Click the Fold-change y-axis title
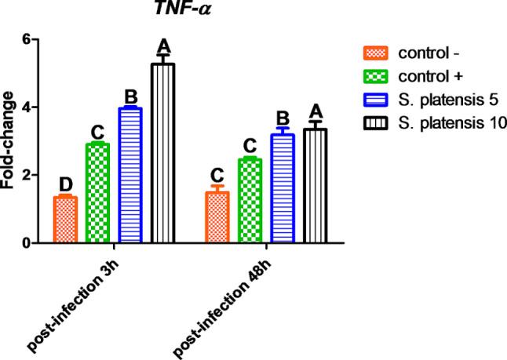[9, 140]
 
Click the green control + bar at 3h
[97, 194]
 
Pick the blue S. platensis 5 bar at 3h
[130, 176]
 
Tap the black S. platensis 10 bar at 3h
[163, 154]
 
